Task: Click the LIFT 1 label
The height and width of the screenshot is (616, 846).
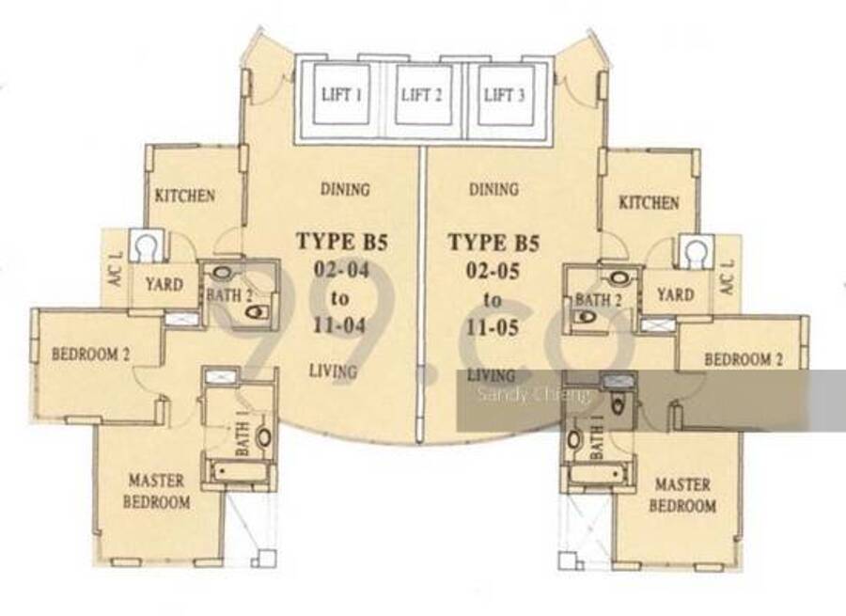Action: coord(341,95)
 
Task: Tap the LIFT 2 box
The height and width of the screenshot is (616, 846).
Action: coord(423,95)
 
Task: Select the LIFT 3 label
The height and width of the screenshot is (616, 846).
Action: coord(505,95)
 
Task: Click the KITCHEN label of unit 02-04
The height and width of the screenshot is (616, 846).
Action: coord(185,196)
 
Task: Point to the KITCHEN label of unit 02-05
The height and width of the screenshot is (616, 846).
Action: coord(649,203)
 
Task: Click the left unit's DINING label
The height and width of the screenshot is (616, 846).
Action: coord(345,189)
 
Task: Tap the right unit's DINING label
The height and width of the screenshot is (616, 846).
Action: coord(493,189)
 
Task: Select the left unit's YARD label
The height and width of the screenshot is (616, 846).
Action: coord(164,284)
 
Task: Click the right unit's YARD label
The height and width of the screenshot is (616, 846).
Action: coord(676,294)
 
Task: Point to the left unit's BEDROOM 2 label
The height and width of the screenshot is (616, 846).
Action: coord(90,355)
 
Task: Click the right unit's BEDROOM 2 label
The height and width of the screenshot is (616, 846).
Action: coord(744,359)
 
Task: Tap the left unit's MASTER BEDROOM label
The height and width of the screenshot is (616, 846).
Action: coord(156,491)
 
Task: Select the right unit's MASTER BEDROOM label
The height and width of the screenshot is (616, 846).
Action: coord(682,495)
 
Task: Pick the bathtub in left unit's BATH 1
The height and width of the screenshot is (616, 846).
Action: coord(238,473)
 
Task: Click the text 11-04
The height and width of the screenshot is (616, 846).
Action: coord(339,325)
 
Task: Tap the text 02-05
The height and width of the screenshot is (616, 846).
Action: coord(493,270)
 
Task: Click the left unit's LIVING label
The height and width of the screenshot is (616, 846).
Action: coord(333,371)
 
